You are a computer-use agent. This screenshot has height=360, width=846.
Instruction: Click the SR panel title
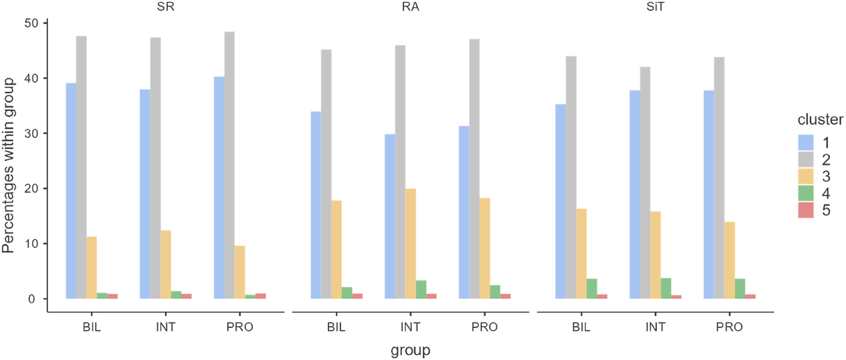point(166,8)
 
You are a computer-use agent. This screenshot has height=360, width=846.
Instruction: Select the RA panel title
point(411,8)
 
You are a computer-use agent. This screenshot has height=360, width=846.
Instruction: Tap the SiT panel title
point(655,8)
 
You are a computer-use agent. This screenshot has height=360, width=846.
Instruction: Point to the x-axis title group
point(410,350)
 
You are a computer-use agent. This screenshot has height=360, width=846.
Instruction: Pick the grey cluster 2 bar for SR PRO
point(229,165)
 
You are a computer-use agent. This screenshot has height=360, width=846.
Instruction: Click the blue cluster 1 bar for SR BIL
point(71,191)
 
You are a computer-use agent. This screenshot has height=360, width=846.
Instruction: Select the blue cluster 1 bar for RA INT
point(390,216)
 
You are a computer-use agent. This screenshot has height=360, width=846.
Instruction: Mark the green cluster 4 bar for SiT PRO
point(740,289)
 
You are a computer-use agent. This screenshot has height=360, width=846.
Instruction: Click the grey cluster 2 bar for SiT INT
point(645,182)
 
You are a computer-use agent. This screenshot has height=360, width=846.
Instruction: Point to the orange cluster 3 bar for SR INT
point(166,264)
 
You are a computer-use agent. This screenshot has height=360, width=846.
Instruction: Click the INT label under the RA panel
point(410,328)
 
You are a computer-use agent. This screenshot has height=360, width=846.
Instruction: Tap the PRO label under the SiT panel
point(729,328)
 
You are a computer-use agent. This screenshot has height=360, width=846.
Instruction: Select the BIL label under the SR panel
point(92,328)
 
